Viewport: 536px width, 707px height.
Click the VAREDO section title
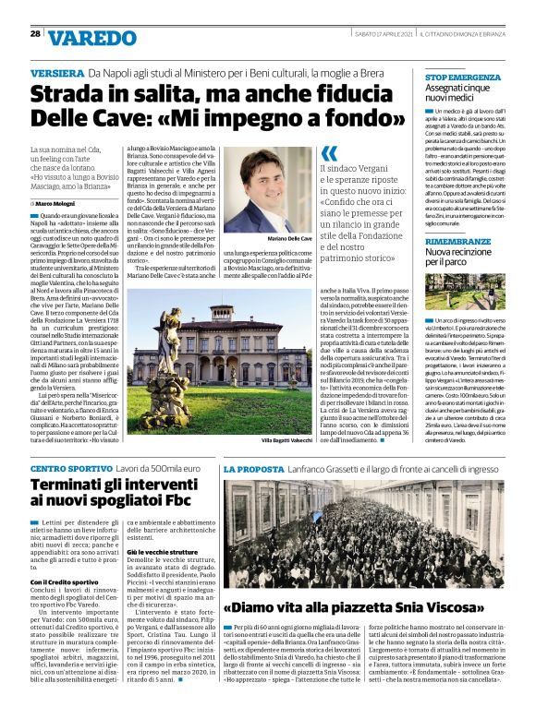click(x=91, y=37)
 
